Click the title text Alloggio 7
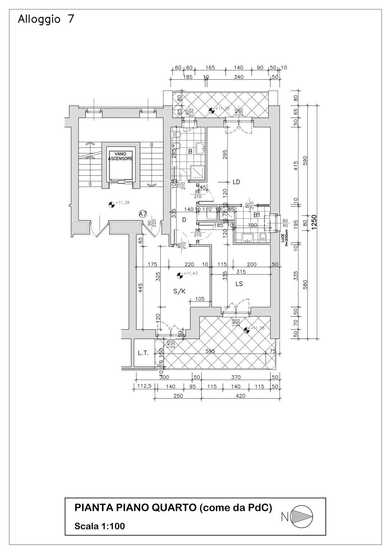pos(46,19)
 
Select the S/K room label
pos(179,291)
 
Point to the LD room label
pos(236,182)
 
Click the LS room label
pos(239,284)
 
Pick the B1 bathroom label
pos(257,215)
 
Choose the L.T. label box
pos(143,353)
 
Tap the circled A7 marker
pos(143,214)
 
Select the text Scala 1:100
pos(99,526)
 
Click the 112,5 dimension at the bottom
pos(145,386)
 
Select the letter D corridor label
pos(184,219)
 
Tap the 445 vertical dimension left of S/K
pos(141,288)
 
